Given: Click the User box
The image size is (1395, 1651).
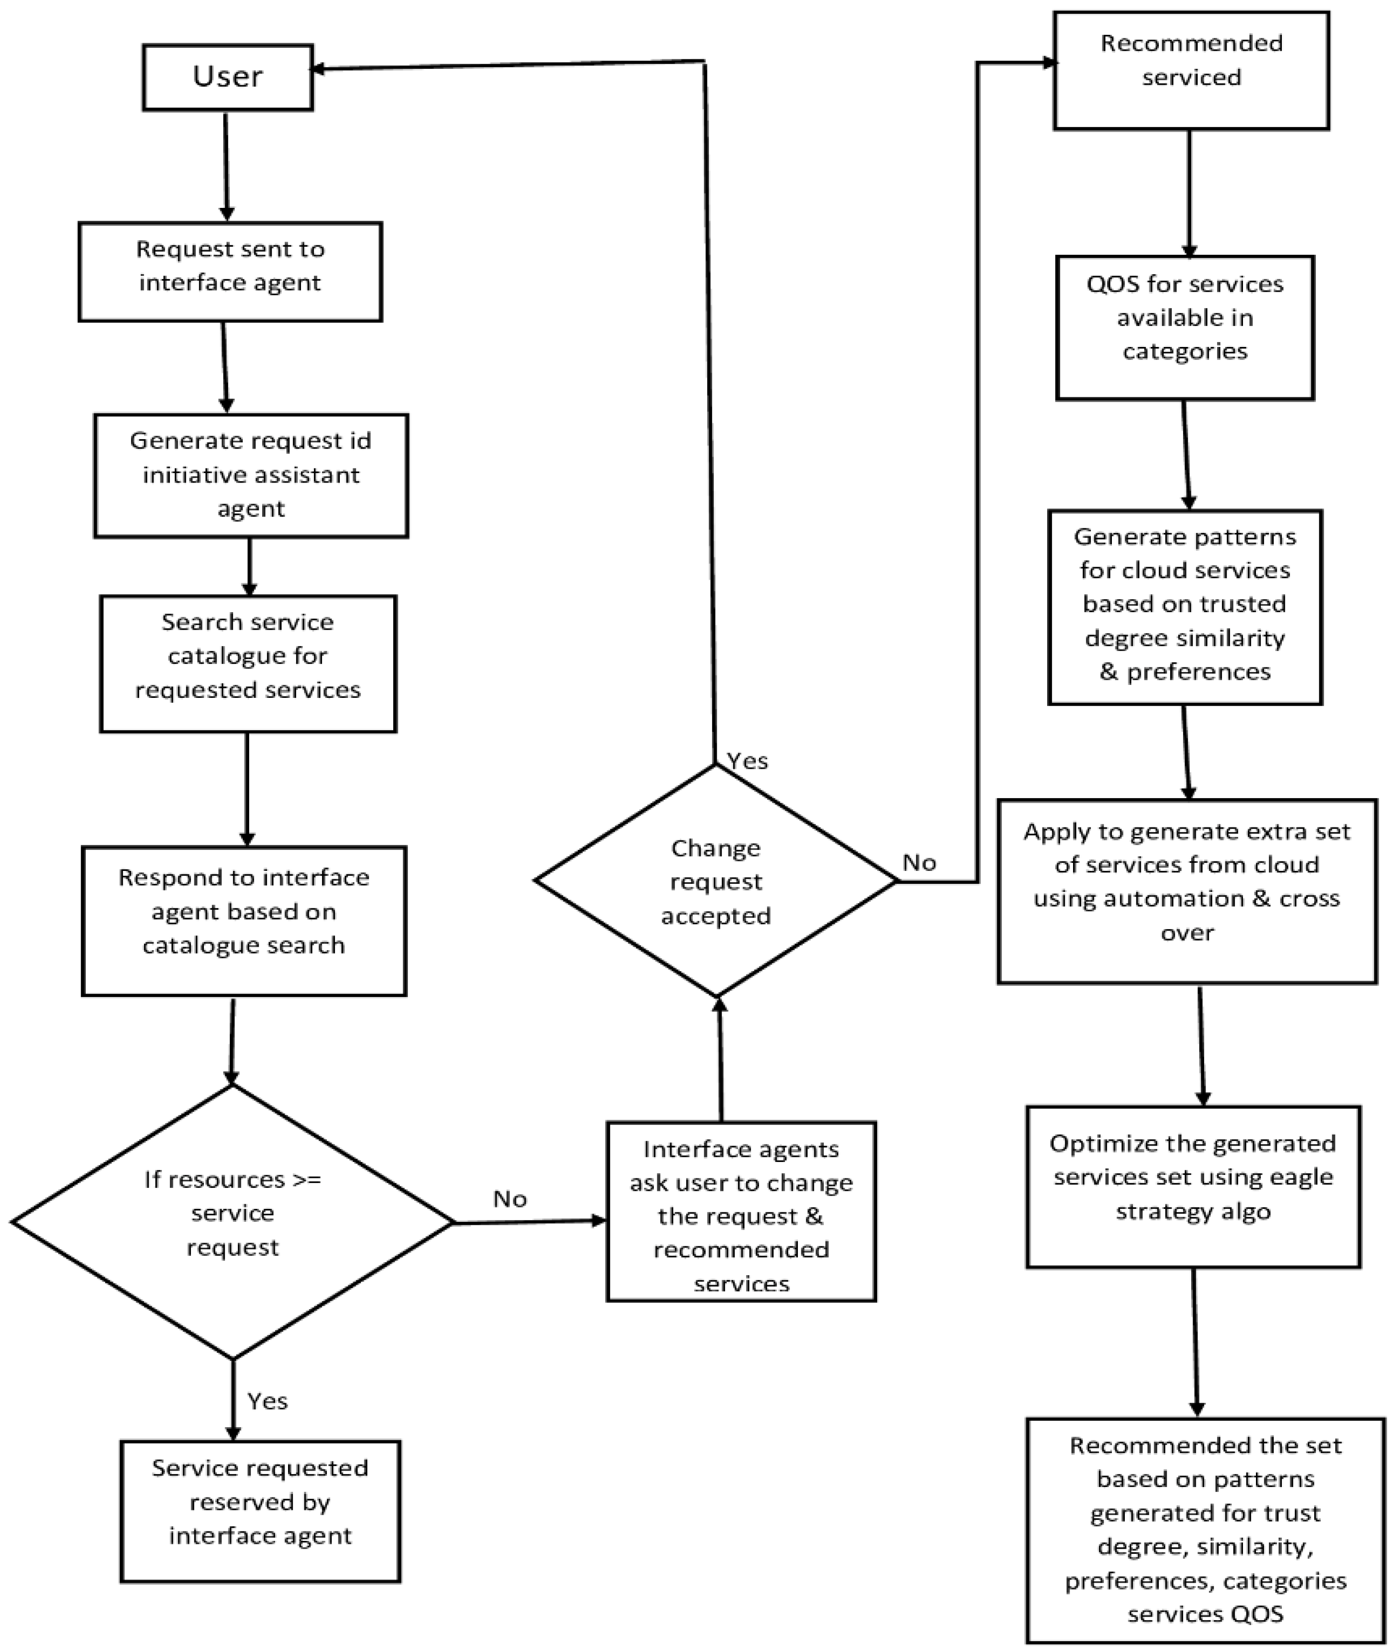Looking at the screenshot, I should (x=228, y=77).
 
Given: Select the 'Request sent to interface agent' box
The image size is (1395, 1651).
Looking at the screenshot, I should (x=230, y=271).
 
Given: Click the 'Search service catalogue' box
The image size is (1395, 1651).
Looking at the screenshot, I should (x=248, y=656).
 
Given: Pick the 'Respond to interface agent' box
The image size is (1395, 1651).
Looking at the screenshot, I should (x=244, y=920).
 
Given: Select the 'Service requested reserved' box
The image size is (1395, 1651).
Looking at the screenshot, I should (x=260, y=1511).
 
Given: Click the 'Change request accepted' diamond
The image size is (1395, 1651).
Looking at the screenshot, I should (x=716, y=880).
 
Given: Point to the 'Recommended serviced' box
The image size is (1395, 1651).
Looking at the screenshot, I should (x=1191, y=70).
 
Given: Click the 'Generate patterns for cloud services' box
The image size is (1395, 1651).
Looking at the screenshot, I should (x=1185, y=607).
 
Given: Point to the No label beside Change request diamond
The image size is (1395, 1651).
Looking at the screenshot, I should (x=920, y=862).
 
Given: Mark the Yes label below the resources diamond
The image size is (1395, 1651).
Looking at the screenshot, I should (x=267, y=1401).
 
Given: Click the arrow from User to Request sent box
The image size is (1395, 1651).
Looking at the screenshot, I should (x=226, y=165).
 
